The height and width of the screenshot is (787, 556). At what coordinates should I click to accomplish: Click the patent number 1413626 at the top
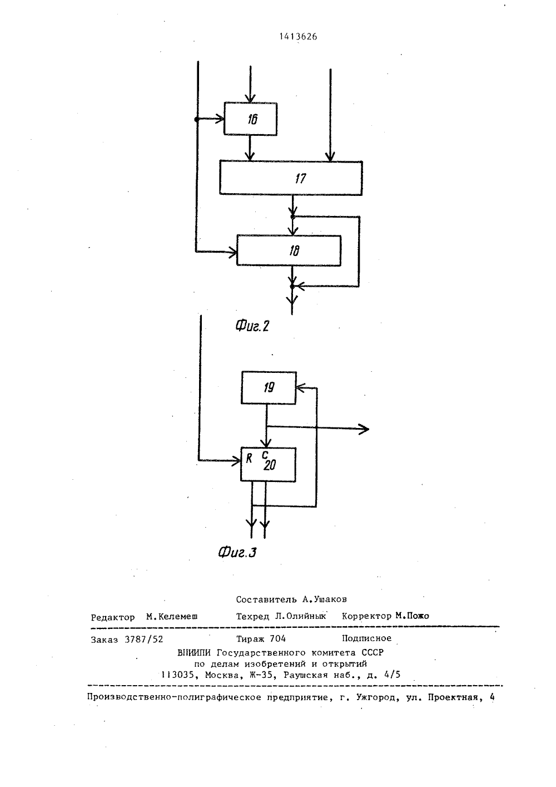click(x=298, y=37)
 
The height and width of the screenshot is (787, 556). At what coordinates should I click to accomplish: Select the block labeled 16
click(x=251, y=119)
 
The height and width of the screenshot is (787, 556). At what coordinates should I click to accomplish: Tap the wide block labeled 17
click(x=291, y=178)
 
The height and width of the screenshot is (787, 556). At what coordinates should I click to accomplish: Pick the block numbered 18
click(x=289, y=250)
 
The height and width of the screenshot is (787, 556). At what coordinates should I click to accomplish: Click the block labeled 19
click(x=269, y=387)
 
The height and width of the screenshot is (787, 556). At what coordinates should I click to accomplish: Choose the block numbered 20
click(x=268, y=464)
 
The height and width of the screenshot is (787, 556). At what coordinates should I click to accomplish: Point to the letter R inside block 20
click(x=249, y=458)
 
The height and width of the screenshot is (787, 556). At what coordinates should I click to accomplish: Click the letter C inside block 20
click(x=265, y=455)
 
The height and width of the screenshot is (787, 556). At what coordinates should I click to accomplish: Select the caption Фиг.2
click(x=252, y=326)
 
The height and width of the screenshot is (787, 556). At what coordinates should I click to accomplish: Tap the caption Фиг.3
click(x=237, y=552)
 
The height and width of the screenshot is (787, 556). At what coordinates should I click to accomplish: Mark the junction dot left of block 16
click(x=197, y=120)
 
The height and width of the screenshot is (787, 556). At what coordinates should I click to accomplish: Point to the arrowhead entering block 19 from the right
click(x=300, y=388)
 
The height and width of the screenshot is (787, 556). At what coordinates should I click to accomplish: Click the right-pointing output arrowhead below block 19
click(x=364, y=429)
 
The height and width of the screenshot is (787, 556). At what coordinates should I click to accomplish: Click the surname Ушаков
click(x=329, y=599)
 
